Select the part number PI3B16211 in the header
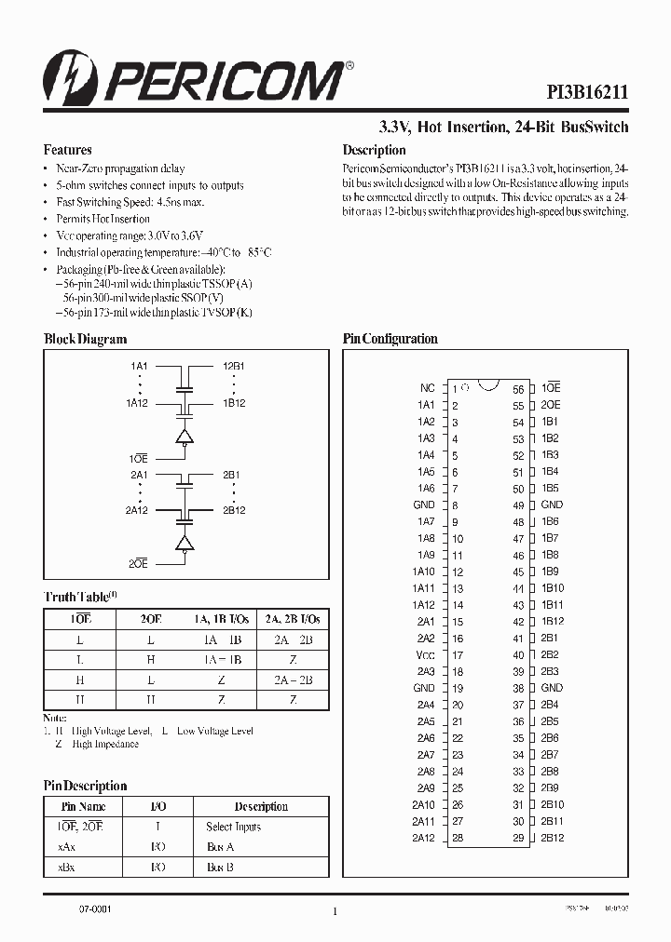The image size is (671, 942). point(586,92)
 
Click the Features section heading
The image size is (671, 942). point(67,150)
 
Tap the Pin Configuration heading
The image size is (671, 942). point(390,339)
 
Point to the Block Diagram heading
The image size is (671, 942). point(85,339)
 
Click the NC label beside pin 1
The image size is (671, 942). point(427,388)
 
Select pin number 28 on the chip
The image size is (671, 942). point(458,838)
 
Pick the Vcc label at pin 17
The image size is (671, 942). point(425,654)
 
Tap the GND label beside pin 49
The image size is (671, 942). point(552,505)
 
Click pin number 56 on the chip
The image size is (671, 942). point(518,389)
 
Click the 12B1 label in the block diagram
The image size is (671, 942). point(233,367)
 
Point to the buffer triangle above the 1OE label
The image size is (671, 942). point(185,436)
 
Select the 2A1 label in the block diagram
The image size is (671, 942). point(140,475)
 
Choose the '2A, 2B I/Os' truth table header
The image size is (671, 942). point(292,619)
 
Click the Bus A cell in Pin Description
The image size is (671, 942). point(220,846)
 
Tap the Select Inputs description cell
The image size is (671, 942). point(233,827)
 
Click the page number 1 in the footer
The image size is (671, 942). point(334,912)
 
